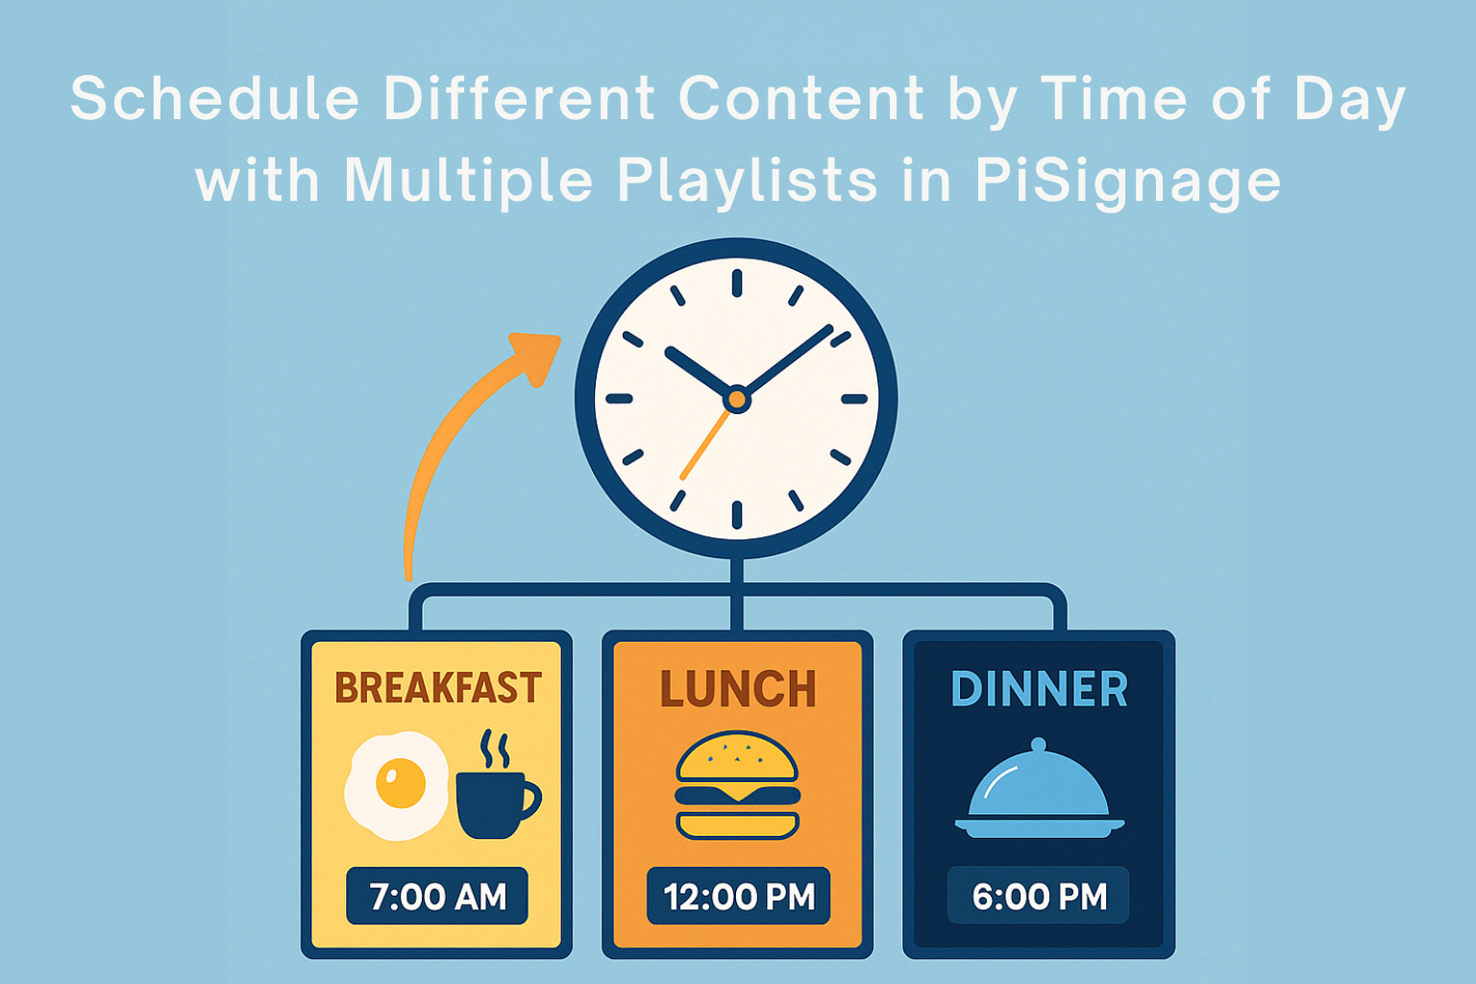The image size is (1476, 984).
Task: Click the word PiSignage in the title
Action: [x=1128, y=181]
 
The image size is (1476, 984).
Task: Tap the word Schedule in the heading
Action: [x=215, y=98]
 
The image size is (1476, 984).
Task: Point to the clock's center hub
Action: [x=737, y=398]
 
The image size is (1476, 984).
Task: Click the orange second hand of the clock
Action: [x=703, y=445]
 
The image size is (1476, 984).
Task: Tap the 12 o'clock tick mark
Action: [x=737, y=283]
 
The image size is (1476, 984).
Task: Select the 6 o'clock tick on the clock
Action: [x=737, y=515]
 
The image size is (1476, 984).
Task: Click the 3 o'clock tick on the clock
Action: [x=854, y=399]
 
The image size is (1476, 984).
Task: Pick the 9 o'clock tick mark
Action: [x=620, y=399]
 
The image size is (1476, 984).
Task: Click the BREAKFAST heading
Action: [x=438, y=688]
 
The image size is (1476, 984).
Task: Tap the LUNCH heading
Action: [x=738, y=690]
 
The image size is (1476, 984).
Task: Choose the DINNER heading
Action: [x=1039, y=690]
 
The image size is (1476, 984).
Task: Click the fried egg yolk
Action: [x=401, y=782]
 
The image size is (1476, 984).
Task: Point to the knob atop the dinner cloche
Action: [x=1038, y=745]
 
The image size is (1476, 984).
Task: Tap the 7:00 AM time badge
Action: [x=437, y=897]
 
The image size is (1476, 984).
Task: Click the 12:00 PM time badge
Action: [x=738, y=897]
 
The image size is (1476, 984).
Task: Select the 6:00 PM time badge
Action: [x=1039, y=897]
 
